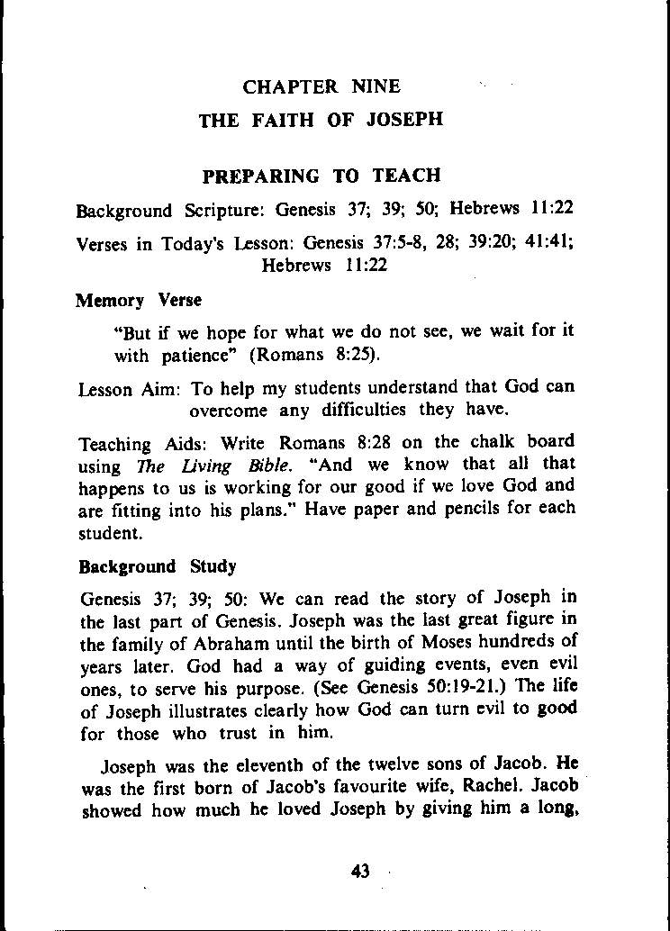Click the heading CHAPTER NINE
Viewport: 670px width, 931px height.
coord(321,87)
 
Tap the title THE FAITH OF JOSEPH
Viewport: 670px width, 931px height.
coord(321,120)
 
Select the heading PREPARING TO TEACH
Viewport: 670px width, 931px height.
coord(321,176)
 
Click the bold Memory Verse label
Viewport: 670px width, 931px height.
coord(139,300)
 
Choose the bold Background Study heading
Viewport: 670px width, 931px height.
coord(158,567)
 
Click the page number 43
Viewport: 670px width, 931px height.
coord(361,871)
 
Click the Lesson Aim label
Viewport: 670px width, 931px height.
coord(130,389)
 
